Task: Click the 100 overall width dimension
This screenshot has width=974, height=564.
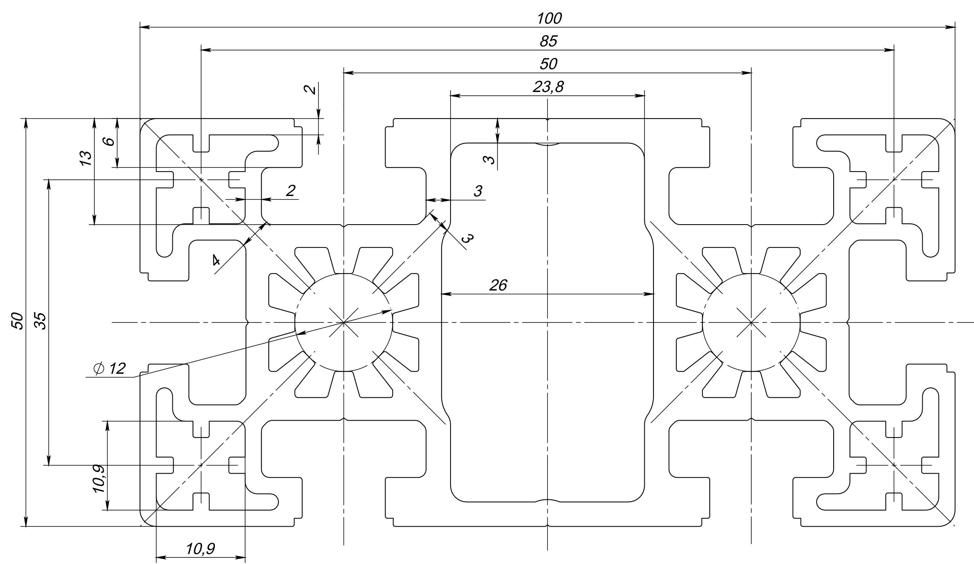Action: pos(549,19)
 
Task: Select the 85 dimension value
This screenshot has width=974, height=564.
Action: pos(549,41)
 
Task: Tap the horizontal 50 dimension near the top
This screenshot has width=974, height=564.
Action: pos(548,64)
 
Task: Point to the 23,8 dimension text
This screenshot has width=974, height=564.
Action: pos(548,87)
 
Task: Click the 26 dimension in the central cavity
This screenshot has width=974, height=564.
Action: pos(498,286)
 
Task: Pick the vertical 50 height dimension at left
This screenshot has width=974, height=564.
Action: pos(17,320)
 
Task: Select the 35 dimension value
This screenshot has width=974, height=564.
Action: pos(40,320)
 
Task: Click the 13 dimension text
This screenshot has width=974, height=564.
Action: pos(85,159)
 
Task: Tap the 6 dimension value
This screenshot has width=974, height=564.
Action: pos(109,141)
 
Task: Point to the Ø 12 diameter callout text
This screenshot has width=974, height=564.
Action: pos(109,368)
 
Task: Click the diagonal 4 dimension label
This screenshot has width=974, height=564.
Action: pos(216,260)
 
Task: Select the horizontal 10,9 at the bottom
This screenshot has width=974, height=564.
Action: pos(200,549)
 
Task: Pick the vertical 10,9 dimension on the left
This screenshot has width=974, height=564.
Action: pos(99,479)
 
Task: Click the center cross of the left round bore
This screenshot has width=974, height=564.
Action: pos(344,322)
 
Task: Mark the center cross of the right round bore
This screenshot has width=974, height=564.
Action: pos(751,322)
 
